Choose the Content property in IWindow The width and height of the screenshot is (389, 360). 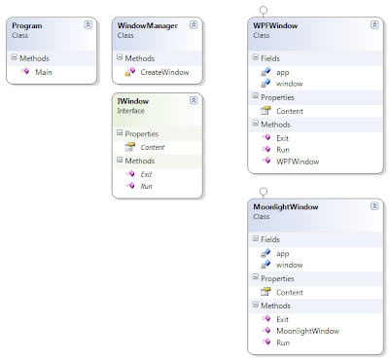pos(152,147)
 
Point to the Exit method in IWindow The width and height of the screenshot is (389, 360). pos(146,173)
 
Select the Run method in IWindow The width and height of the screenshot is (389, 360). pos(146,185)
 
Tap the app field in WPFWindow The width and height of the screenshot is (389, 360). pos(282,71)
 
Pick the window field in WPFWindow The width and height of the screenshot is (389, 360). pos(289,84)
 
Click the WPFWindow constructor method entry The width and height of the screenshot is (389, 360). pos(299,161)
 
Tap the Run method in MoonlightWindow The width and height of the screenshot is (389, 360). pos(284,342)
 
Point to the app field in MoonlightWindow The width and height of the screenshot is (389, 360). pos(282,253)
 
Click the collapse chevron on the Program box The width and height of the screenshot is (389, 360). pos(87,24)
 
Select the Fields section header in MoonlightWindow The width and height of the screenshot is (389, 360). pos(270,239)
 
